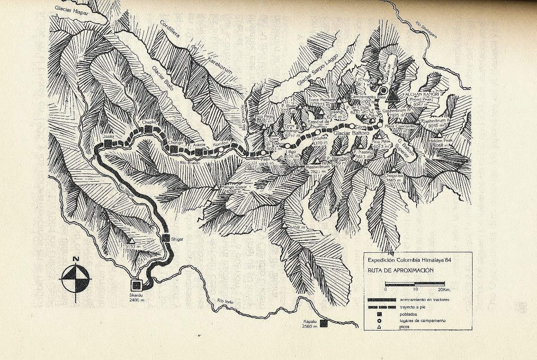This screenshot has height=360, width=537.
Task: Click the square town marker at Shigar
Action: point(166,238)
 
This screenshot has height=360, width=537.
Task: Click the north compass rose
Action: point(76,279)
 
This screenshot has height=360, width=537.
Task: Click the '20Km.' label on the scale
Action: point(447,289)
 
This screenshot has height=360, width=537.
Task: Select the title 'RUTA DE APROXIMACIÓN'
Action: point(395,270)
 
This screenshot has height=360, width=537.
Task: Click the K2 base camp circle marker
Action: point(384,90)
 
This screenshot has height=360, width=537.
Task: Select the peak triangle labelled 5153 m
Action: point(131,240)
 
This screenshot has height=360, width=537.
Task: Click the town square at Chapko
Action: point(149,129)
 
